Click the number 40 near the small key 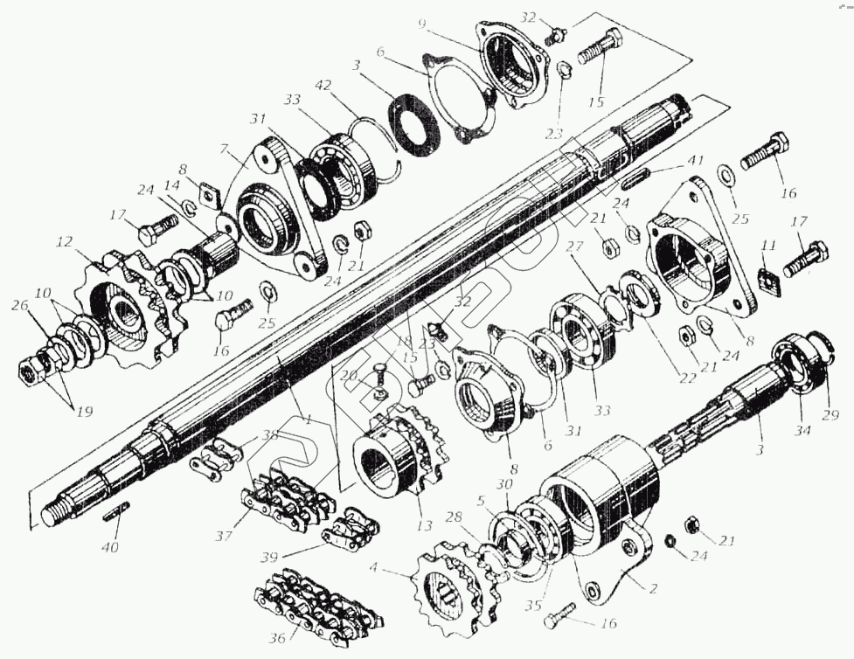pos(111,547)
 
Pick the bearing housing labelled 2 pos(603,516)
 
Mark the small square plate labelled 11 pos(768,280)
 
